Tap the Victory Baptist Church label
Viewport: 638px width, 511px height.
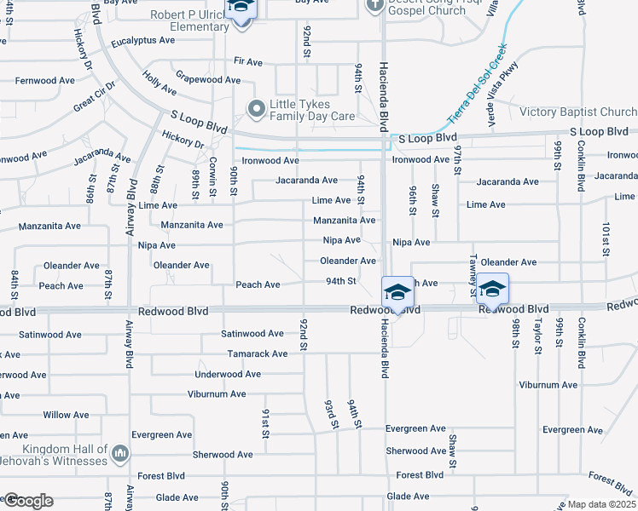(578, 112)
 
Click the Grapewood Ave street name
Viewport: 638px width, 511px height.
(208, 79)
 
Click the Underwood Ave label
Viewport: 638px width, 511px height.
(228, 374)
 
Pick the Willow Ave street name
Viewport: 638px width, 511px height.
(66, 415)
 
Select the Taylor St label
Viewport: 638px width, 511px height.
(538, 338)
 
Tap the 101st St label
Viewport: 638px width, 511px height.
(606, 240)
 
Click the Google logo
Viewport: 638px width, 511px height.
(27, 501)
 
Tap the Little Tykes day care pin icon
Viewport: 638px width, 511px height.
(255, 109)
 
